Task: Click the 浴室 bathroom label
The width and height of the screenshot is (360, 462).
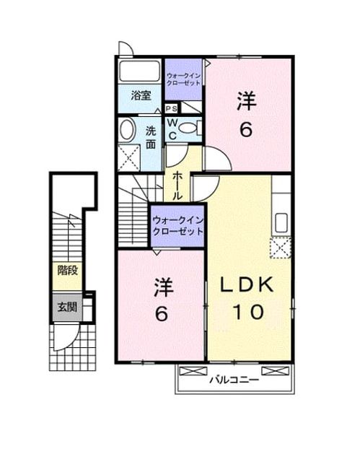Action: click(x=141, y=95)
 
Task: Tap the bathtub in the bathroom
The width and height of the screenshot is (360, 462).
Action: click(x=139, y=71)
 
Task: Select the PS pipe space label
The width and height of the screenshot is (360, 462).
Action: click(x=171, y=109)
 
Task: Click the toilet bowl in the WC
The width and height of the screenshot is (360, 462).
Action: click(x=190, y=128)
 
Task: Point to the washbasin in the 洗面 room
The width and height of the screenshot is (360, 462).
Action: click(x=126, y=130)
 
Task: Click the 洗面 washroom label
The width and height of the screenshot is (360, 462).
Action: click(x=151, y=138)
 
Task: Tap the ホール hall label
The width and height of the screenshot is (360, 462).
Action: click(x=177, y=186)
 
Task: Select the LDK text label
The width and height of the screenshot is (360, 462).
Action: click(x=247, y=285)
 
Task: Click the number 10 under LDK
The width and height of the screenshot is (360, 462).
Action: click(x=248, y=313)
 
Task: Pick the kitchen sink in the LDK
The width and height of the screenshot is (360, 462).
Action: click(x=281, y=222)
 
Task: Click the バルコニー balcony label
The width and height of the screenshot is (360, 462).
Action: click(x=234, y=380)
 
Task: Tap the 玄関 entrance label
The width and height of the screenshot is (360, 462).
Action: click(x=67, y=308)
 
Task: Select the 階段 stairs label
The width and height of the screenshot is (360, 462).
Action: click(x=67, y=271)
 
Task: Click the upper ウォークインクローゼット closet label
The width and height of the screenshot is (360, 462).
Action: click(x=183, y=79)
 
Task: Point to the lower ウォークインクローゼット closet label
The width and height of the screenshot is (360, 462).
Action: click(x=177, y=226)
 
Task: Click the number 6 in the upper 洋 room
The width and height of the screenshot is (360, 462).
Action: click(x=246, y=129)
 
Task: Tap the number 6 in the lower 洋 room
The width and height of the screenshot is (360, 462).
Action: click(x=162, y=313)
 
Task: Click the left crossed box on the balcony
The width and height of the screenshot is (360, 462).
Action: click(x=193, y=370)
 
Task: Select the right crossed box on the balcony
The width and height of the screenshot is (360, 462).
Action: click(x=276, y=370)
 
